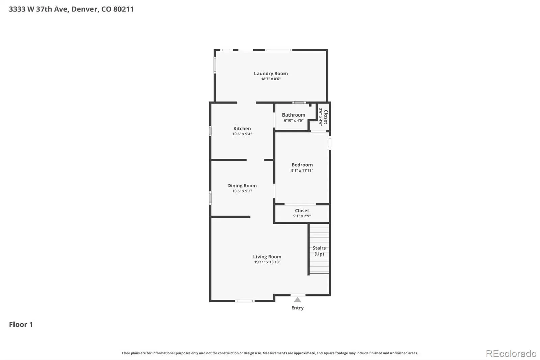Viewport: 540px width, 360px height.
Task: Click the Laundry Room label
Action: [x=271, y=73]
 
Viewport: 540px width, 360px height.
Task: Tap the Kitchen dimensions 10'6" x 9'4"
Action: [x=242, y=134]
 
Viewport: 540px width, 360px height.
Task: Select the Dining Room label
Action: [x=242, y=185]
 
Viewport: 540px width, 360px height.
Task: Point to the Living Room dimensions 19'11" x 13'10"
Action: [x=267, y=262]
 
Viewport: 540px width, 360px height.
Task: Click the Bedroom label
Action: [x=302, y=165]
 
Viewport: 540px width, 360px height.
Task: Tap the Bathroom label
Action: [x=294, y=115]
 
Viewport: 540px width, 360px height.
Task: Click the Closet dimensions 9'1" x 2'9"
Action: [x=302, y=216]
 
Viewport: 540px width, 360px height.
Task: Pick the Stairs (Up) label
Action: [x=319, y=251]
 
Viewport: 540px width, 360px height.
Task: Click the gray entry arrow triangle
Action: [x=297, y=300]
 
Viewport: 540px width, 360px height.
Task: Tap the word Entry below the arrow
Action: [x=297, y=308]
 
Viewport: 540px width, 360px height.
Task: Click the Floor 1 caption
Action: [x=21, y=324]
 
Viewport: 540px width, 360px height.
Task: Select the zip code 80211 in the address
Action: [x=124, y=9]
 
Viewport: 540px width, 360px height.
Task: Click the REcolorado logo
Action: [x=511, y=354]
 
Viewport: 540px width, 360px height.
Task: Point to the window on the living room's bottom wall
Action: [x=245, y=301]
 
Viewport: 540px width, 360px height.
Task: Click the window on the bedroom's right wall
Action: [x=330, y=143]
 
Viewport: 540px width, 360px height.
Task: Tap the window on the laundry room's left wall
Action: [x=215, y=65]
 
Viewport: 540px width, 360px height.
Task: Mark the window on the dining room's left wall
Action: [x=210, y=198]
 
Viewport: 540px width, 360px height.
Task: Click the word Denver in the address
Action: [x=85, y=9]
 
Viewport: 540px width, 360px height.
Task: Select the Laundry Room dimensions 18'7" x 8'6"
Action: [x=271, y=79]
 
